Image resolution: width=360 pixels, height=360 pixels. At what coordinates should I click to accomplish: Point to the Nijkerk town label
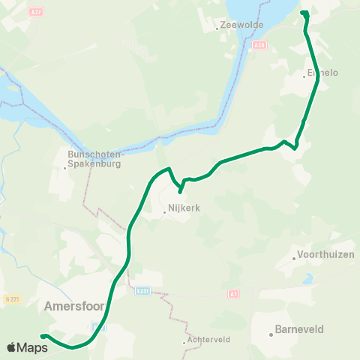[180, 212]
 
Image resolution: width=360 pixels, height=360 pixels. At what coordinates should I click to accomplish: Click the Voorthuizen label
[326, 254]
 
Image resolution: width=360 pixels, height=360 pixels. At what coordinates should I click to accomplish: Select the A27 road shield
[36, 12]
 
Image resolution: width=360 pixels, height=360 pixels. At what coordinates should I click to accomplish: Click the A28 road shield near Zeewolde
[259, 45]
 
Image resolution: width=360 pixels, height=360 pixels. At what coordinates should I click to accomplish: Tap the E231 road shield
[144, 290]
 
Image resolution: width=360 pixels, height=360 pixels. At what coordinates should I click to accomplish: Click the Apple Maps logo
[26, 347]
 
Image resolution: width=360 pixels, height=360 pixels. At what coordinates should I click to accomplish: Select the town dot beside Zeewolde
[217, 29]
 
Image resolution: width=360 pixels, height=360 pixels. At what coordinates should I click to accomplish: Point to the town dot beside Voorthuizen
[294, 260]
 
